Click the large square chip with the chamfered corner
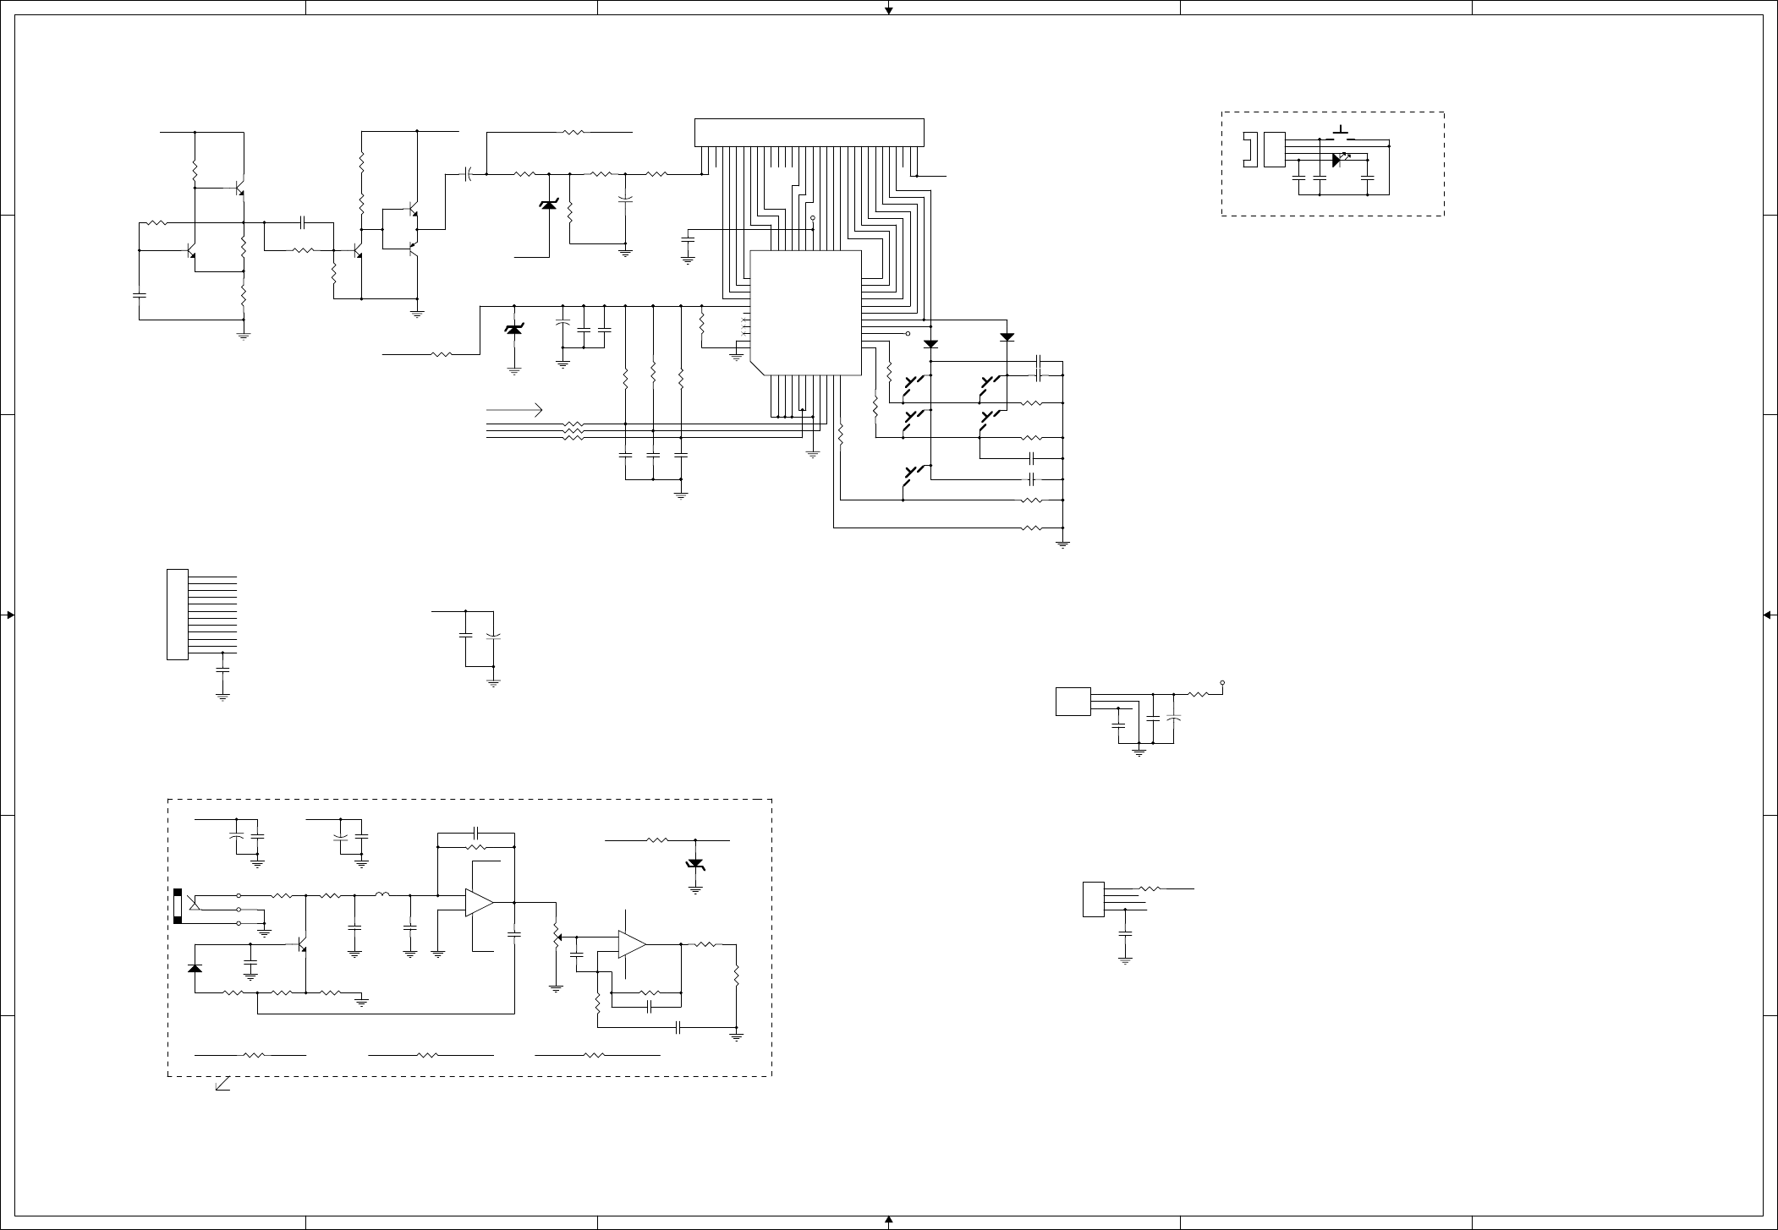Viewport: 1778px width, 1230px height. pyautogui.click(x=805, y=312)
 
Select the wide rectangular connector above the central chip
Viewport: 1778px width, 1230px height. pyautogui.click(x=809, y=133)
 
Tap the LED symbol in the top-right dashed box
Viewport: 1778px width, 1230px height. pyautogui.click(x=1338, y=159)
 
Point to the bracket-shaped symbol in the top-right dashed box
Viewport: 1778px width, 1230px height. pyautogui.click(x=1248, y=150)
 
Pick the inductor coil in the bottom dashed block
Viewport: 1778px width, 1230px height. pyautogui.click(x=382, y=894)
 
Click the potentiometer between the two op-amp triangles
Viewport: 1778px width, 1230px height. pyautogui.click(x=556, y=937)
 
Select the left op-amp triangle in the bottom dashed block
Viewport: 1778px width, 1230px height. pyautogui.click(x=479, y=903)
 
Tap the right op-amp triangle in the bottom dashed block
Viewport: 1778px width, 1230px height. pyautogui.click(x=632, y=944)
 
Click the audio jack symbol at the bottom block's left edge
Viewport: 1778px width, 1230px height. pyautogui.click(x=179, y=907)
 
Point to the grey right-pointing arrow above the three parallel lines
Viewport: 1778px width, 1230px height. pyautogui.click(x=514, y=410)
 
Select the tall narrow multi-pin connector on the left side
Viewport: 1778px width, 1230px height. pyautogui.click(x=177, y=615)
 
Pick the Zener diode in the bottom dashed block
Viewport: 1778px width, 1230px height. pyautogui.click(x=695, y=863)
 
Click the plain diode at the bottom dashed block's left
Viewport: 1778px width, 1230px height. pyautogui.click(x=195, y=968)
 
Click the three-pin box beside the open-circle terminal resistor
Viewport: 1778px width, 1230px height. pyautogui.click(x=1073, y=702)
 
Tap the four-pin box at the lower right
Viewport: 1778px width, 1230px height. pyautogui.click(x=1093, y=899)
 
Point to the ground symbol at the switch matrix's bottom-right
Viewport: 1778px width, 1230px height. pyautogui.click(x=1063, y=544)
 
